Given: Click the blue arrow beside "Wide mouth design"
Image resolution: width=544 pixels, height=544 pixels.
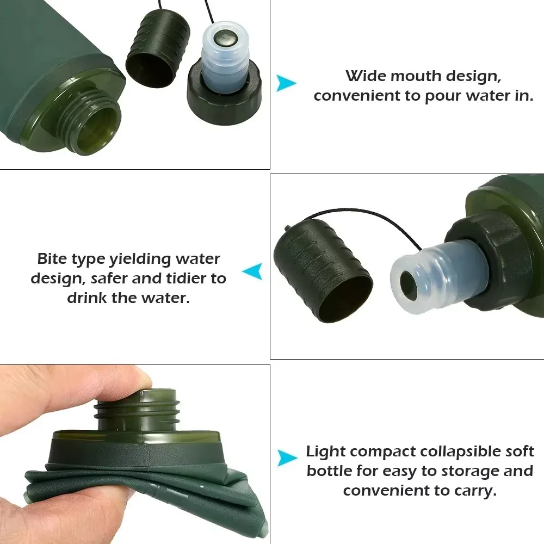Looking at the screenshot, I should [286, 83].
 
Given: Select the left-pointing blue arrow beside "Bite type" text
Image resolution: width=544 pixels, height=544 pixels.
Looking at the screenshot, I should [253, 271].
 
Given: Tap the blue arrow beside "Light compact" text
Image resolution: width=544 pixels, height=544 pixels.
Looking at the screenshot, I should [287, 458].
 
